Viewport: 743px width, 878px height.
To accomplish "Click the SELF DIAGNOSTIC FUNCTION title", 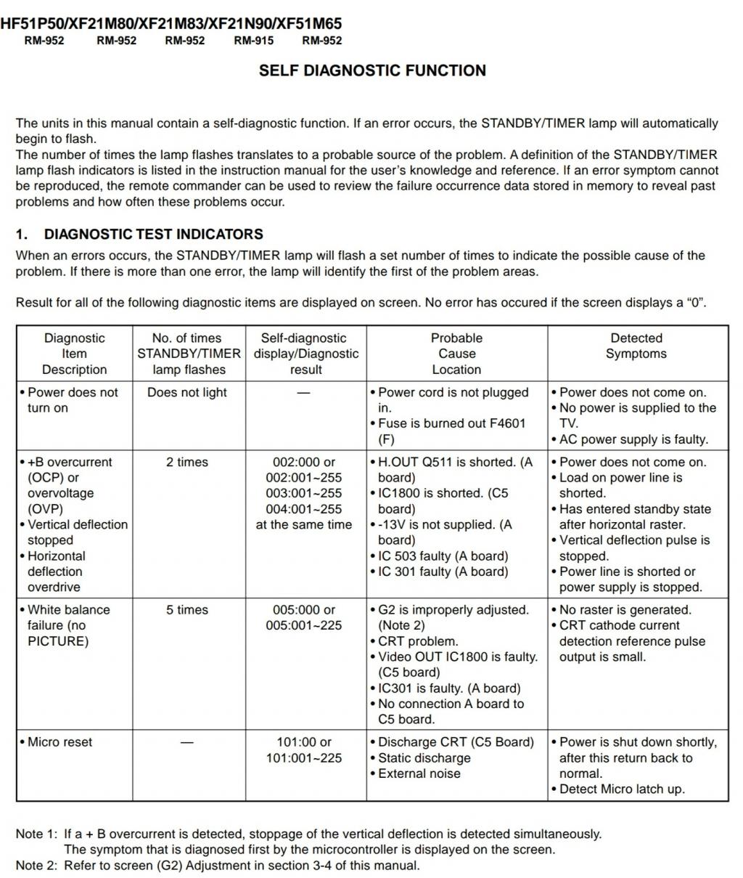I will [372, 70].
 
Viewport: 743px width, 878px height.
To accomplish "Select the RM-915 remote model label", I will [253, 41].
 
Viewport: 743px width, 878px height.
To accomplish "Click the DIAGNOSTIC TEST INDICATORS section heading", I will [153, 234].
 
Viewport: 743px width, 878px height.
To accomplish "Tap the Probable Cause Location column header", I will [456, 354].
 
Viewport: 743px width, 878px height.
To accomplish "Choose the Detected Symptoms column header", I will [636, 346].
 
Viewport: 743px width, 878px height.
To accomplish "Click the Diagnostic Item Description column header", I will [74, 354].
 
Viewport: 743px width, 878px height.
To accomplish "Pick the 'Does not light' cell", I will [187, 392].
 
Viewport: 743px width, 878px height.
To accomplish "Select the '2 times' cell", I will [187, 462].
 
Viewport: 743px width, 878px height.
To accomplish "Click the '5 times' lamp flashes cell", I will [187, 610].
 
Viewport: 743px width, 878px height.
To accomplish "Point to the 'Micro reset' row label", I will [61, 742].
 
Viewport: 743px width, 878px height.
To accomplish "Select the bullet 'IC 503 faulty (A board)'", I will [443, 556].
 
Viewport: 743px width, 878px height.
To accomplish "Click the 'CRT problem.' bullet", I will [418, 641].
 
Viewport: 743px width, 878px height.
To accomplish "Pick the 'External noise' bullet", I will [419, 773].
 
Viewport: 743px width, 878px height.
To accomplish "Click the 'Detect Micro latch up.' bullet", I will [622, 789].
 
